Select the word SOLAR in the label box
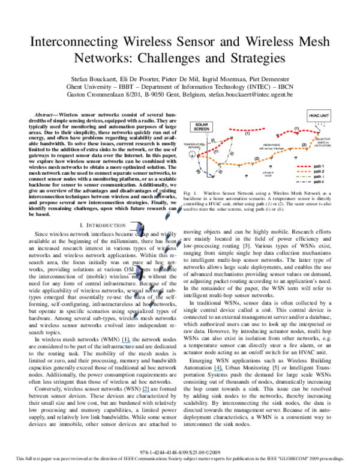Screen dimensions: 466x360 click(202, 125)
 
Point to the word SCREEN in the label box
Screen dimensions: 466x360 click(202, 129)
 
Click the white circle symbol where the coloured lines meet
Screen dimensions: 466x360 click(192, 154)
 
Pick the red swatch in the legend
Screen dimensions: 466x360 click(303, 166)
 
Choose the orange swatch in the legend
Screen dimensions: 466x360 click(303, 172)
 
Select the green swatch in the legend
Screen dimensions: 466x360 click(303, 177)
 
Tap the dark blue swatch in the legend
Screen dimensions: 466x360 click(303, 181)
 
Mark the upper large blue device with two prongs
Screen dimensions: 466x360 click(139, 228)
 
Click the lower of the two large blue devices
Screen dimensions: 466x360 click(138, 273)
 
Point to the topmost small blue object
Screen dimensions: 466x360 click(159, 195)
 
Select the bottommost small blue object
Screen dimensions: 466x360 click(136, 314)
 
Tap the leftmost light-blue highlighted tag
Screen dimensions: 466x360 click(126, 342)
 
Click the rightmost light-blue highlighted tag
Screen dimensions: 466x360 click(218, 371)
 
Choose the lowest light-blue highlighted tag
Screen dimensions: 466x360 click(146, 392)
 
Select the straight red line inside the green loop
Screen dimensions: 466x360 click(216, 146)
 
